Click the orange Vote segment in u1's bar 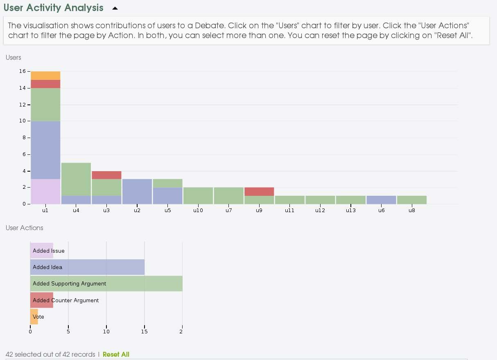(45, 75)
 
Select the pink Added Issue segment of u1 (45, 191)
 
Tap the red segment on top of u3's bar (106, 175)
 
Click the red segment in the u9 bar (259, 191)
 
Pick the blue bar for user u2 (137, 191)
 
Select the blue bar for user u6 (381, 199)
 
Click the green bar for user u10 (198, 195)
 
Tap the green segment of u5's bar (167, 183)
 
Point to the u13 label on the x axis (350, 211)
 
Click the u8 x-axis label (411, 211)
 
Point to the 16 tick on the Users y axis (22, 71)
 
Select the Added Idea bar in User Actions (87, 267)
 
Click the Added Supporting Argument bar (106, 283)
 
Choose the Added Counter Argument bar (42, 300)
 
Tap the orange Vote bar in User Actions (34, 317)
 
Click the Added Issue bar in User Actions (42, 251)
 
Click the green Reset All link (116, 354)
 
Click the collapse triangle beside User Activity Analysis (115, 8)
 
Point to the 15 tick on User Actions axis (144, 331)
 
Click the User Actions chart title (25, 228)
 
